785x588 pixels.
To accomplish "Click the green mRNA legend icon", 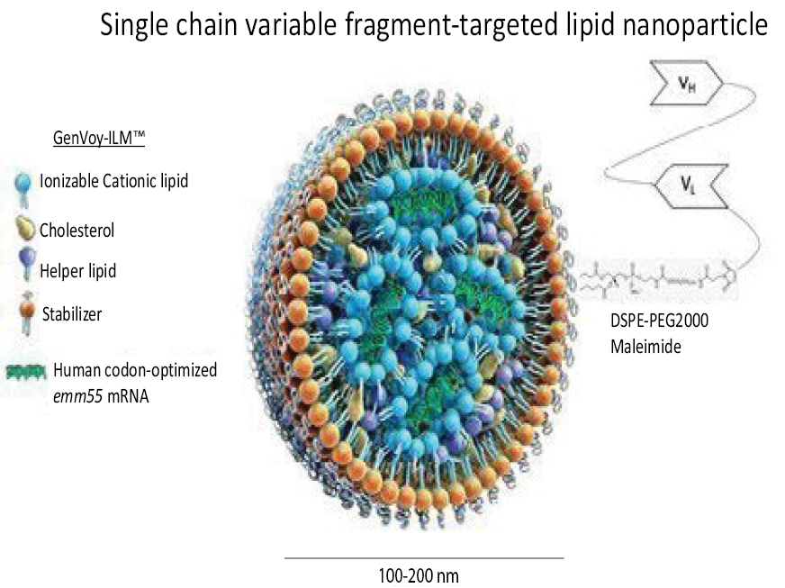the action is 26,370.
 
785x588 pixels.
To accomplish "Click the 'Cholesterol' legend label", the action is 77,231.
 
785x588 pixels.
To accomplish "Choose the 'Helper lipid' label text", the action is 78,271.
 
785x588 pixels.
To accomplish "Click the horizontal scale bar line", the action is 423,558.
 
